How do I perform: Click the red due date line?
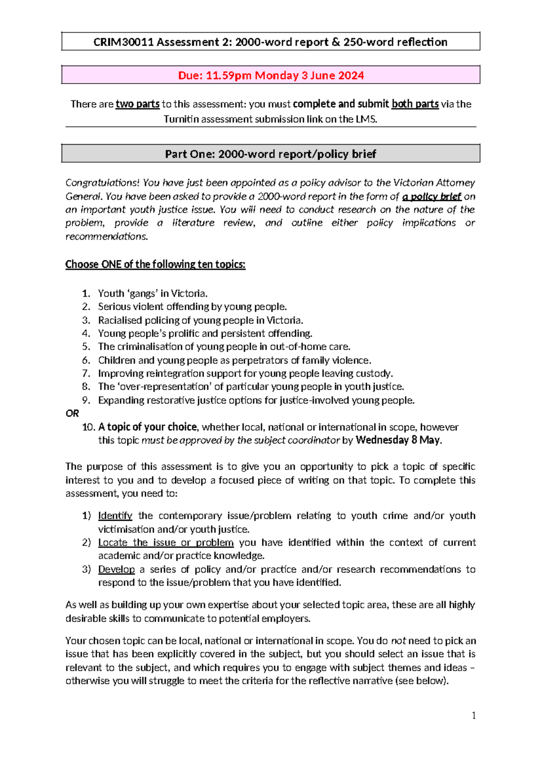pos(271,75)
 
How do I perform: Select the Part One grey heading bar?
pos(271,154)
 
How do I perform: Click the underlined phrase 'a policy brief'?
pos(431,196)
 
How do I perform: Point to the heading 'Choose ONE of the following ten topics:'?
pos(155,264)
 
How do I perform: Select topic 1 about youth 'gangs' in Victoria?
pos(153,294)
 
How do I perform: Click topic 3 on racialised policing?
pos(201,320)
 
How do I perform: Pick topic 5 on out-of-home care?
pos(224,346)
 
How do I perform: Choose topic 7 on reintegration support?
pos(245,374)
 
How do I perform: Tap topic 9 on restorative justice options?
pos(256,400)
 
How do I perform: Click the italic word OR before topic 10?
pos(72,413)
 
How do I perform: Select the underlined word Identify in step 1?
pos(115,516)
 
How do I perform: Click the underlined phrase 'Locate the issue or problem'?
pos(166,542)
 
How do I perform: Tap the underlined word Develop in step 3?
pos(117,569)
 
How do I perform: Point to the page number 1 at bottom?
pos(473,715)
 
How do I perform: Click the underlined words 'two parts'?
pos(137,104)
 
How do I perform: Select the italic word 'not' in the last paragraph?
pos(398,640)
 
